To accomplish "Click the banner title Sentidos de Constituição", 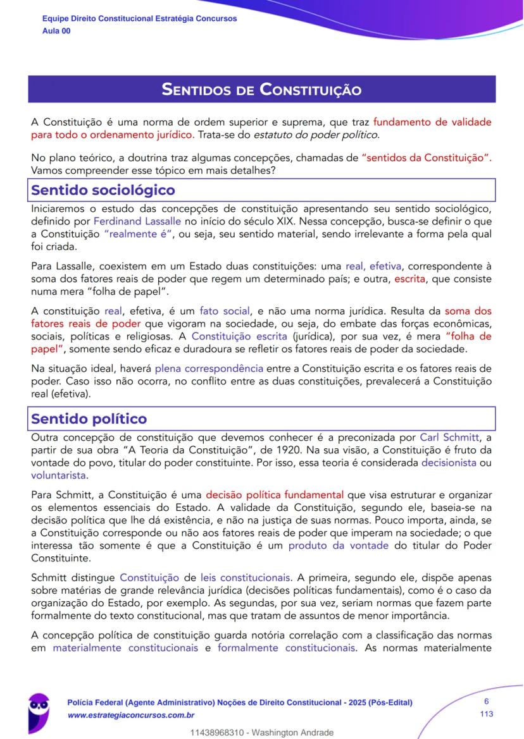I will click(x=261, y=89).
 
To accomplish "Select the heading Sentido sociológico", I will click(x=103, y=190).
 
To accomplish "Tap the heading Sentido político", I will click(x=89, y=418).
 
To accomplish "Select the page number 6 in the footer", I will click(x=486, y=701).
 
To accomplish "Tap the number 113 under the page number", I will click(x=486, y=714).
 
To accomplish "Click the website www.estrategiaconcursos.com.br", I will click(x=130, y=715).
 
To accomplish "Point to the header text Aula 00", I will click(x=56, y=31).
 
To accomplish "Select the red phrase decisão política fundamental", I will click(x=275, y=495).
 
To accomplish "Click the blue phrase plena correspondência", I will click(x=209, y=368).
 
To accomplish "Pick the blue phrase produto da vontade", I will click(x=339, y=545).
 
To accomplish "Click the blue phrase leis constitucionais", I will click(x=246, y=577).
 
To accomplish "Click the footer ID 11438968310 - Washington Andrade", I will click(x=261, y=733).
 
